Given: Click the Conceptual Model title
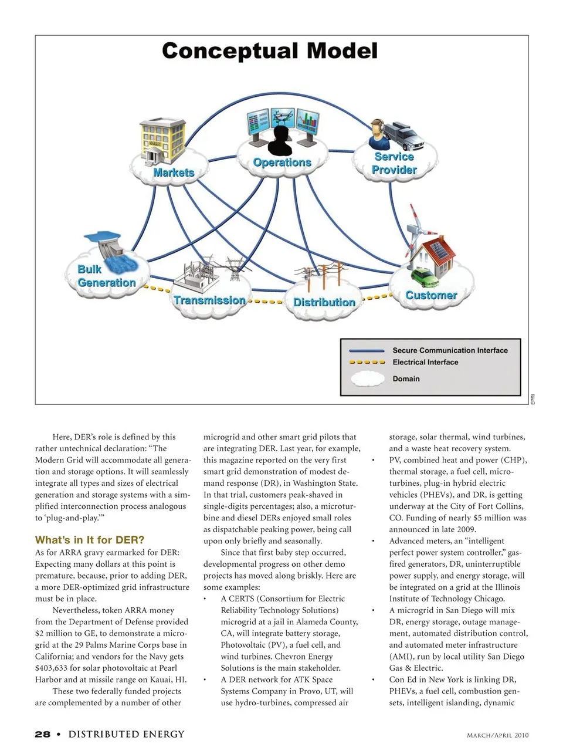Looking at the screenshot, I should (x=270, y=51).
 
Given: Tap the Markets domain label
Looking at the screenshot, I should (x=174, y=173).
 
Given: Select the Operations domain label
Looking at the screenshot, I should (x=282, y=163).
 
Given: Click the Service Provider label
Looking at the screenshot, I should (x=394, y=164).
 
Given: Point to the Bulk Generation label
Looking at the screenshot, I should (x=106, y=276).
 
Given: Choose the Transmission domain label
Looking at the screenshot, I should (x=209, y=300).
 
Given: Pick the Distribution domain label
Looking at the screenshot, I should (x=324, y=302).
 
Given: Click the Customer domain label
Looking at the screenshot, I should (x=431, y=295).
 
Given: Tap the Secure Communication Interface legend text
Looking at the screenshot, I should (x=450, y=350).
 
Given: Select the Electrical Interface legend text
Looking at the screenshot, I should (x=425, y=362).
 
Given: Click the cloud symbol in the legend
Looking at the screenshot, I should (x=367, y=379).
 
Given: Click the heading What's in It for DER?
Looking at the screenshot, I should (x=90, y=540).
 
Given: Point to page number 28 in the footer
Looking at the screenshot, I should (x=42, y=734).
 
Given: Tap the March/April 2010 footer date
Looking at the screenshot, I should (x=497, y=735).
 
